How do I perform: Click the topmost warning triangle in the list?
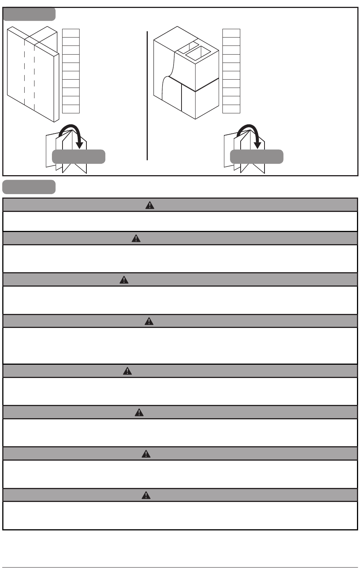[150, 205]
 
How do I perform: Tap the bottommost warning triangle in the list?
[146, 495]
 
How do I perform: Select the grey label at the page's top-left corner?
[29, 14]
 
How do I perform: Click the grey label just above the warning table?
[29, 187]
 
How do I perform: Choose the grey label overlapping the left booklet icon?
[78, 157]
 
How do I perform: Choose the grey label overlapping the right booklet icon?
[257, 157]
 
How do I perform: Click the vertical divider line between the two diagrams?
[147, 95]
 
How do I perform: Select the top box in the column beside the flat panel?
[71, 33]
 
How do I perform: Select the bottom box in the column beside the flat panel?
[71, 109]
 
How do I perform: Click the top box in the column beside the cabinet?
[231, 33]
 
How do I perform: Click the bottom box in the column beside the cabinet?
[231, 109]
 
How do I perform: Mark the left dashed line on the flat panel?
[25, 72]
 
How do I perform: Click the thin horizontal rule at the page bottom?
[180, 568]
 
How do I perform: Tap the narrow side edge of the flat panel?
[56, 87]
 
